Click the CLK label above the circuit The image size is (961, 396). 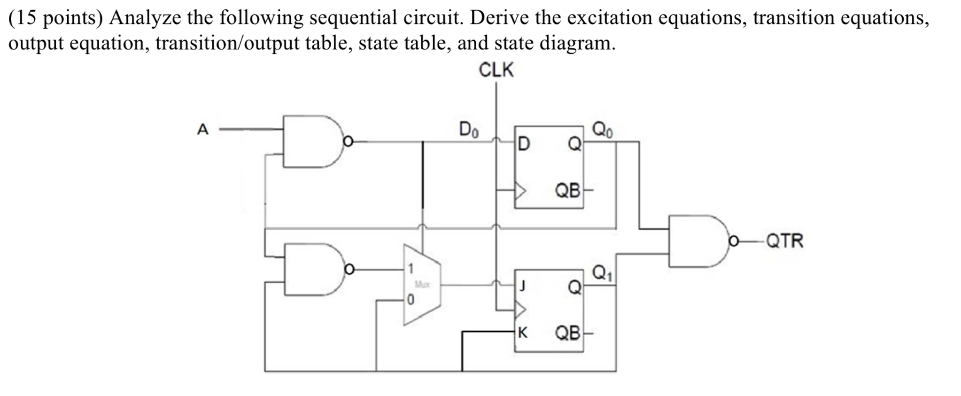tap(496, 70)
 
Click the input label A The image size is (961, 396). tap(202, 129)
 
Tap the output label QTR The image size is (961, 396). tap(784, 241)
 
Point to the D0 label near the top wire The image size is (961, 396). tap(468, 129)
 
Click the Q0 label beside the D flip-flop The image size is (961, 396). tap(602, 129)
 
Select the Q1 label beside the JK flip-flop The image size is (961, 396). tap(602, 272)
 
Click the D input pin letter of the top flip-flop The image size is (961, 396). tap(523, 144)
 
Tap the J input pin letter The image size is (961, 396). tap(522, 286)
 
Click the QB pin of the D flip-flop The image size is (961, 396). tap(567, 191)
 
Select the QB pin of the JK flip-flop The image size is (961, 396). tap(567, 333)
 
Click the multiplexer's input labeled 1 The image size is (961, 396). tap(411, 269)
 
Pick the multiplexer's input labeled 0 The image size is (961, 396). tap(411, 299)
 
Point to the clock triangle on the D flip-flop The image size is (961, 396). tap(520, 191)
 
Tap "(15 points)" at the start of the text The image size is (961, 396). tap(55, 18)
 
